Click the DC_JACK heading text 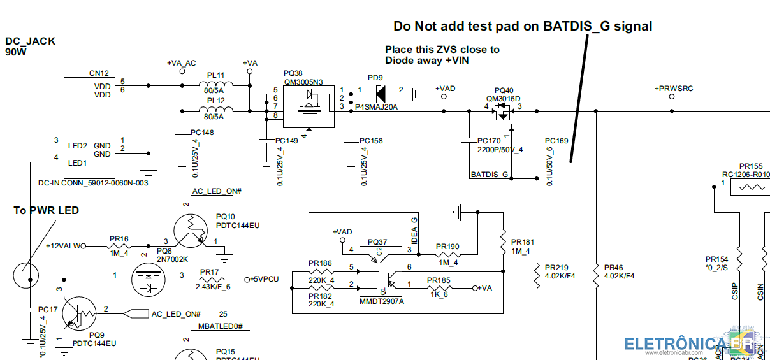tap(31, 41)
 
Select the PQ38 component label tap(293, 73)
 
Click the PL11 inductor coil tap(216, 85)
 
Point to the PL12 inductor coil tap(216, 110)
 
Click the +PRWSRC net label tap(673, 89)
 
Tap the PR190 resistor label tap(447, 246)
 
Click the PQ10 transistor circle tap(191, 231)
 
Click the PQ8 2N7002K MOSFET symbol tap(147, 280)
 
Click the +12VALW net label tap(64, 245)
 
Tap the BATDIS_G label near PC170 tap(489, 174)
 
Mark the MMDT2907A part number tap(381, 301)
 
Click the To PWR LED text tap(47, 210)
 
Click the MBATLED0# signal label tap(221, 326)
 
